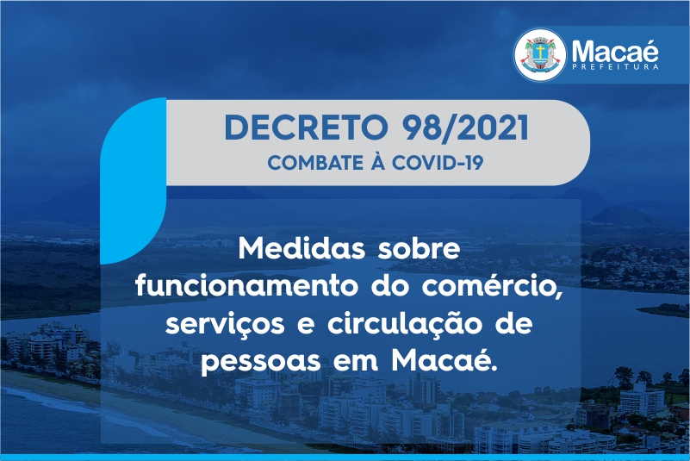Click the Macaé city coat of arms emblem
click(x=540, y=54)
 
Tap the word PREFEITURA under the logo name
click(x=615, y=67)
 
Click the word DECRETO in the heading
click(x=306, y=128)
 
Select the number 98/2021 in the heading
click(x=465, y=128)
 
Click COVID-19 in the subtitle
click(x=438, y=163)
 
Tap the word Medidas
click(x=301, y=249)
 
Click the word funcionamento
click(x=247, y=286)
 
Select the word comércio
click(x=492, y=287)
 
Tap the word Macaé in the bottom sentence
click(x=444, y=359)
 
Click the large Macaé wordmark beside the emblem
click(x=615, y=51)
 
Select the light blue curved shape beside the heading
click(x=133, y=181)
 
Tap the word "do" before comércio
click(x=390, y=286)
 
